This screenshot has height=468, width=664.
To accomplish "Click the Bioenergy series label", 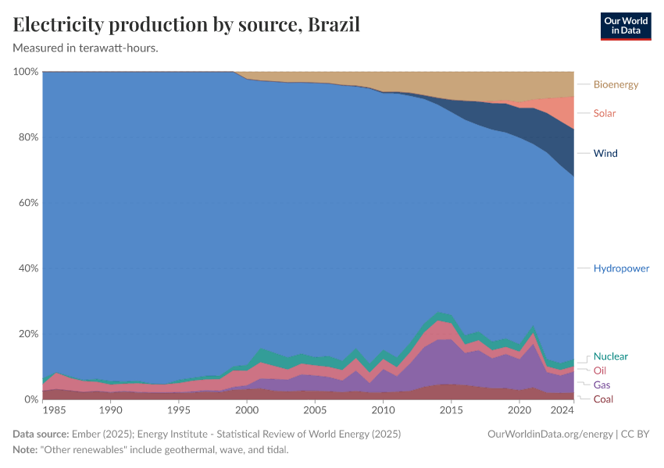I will click(x=616, y=84).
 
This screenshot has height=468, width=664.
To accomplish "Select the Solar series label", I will click(x=604, y=113).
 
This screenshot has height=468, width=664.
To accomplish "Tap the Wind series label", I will click(x=605, y=153).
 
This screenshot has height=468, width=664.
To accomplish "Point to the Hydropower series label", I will click(x=621, y=268).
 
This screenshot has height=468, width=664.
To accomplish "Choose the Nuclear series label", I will click(x=610, y=356).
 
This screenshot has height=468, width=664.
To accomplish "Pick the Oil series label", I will click(x=599, y=370).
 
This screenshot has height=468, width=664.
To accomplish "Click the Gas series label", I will click(x=602, y=385).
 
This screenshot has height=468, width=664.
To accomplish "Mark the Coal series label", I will click(x=603, y=399).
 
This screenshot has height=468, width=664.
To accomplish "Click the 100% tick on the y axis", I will click(x=26, y=72).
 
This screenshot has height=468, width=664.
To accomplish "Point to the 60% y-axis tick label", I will click(x=27, y=203).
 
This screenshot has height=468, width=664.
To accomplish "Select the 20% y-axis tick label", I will click(x=27, y=334).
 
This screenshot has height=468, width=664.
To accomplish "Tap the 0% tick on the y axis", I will click(x=30, y=399).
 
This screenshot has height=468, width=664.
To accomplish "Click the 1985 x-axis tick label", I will click(x=53, y=410).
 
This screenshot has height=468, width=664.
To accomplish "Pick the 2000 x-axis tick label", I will click(x=247, y=410).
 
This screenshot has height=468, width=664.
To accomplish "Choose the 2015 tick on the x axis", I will click(x=451, y=410).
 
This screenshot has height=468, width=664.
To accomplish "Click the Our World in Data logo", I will click(x=625, y=26).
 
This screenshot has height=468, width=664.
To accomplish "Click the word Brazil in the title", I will click(x=334, y=24).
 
